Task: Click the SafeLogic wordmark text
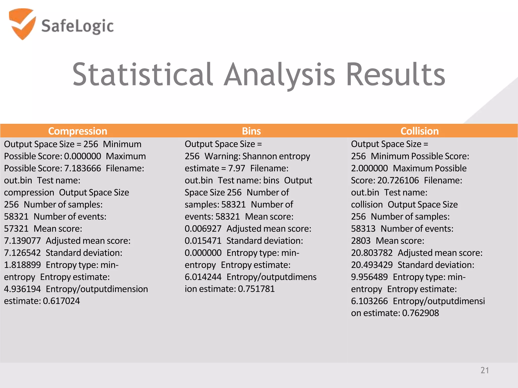[x=77, y=26]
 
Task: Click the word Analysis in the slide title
[x=280, y=75]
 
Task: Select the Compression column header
[x=78, y=131]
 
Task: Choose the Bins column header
[x=251, y=131]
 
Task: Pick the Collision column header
[x=419, y=131]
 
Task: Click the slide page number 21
[x=485, y=370]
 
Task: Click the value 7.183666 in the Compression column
[x=82, y=168]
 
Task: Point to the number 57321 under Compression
[x=16, y=229]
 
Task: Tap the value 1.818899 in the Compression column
[x=22, y=265]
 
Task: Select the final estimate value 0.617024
[x=61, y=301]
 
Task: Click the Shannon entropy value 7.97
[x=236, y=168]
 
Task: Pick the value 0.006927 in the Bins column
[x=203, y=229]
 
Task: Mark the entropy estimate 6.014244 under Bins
[x=203, y=277]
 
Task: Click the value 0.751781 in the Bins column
[x=256, y=289]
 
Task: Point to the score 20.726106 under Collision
[x=398, y=180]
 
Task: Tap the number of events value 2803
[x=361, y=241]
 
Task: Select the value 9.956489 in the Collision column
[x=369, y=277]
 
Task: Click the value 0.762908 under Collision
[x=420, y=313]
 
